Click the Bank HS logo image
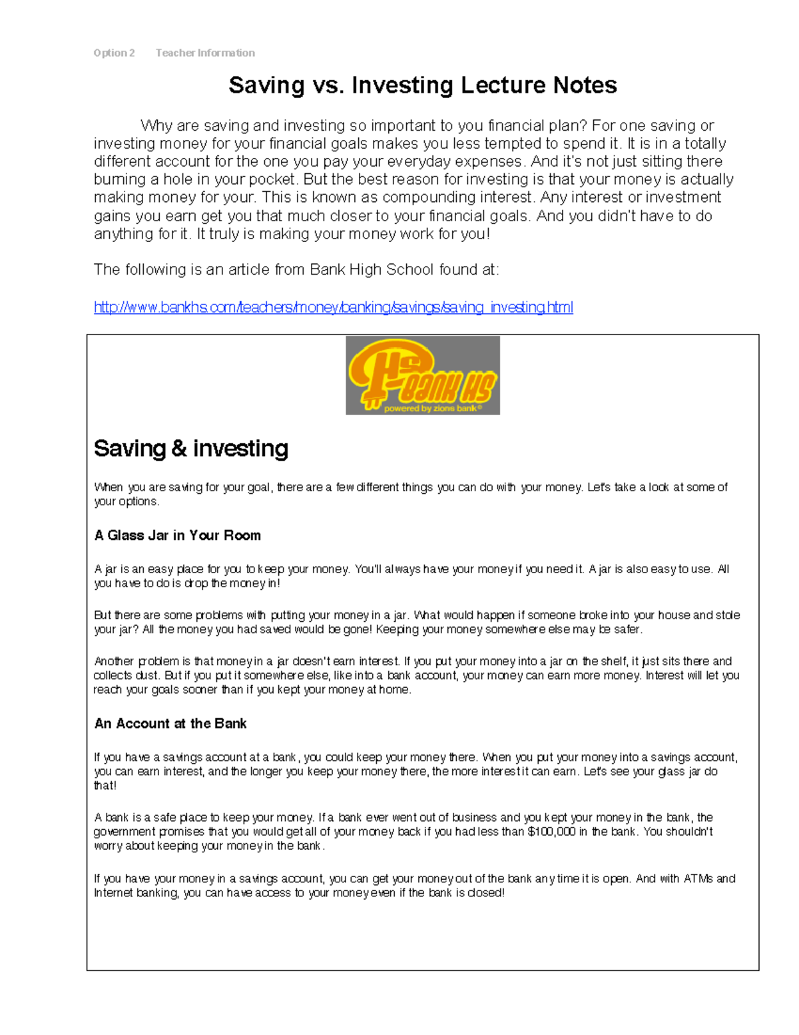[422, 375]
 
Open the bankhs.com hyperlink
[333, 307]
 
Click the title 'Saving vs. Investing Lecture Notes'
[422, 85]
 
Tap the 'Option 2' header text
[114, 53]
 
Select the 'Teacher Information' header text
[205, 53]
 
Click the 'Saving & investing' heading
[191, 449]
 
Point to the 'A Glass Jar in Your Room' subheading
[177, 536]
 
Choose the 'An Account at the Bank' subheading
[170, 724]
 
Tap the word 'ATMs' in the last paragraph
[698, 879]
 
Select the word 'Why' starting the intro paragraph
[156, 126]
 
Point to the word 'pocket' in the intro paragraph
[270, 180]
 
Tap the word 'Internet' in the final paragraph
[113, 893]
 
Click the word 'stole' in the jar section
[727, 615]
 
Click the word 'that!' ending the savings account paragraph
[105, 786]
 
